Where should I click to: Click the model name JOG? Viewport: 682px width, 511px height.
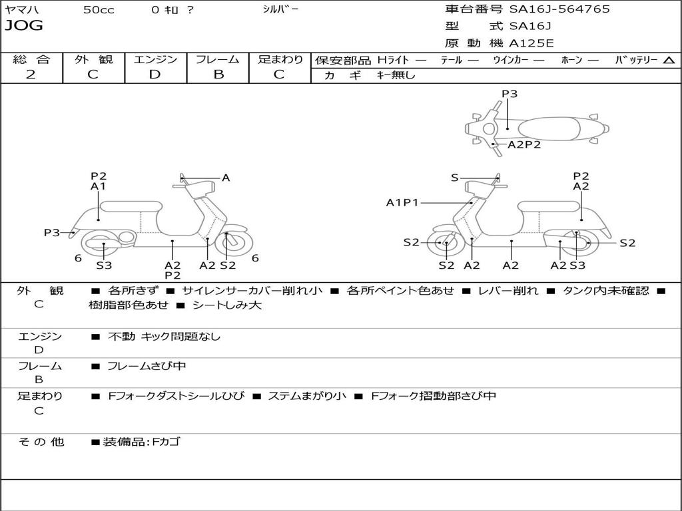click(23, 26)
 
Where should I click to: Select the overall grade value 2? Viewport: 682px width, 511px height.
click(31, 75)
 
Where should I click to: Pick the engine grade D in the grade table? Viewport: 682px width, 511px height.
click(155, 75)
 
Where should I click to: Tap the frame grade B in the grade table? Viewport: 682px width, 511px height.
click(218, 75)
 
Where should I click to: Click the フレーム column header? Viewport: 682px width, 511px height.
click(218, 59)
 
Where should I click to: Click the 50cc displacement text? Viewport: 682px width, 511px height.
click(99, 10)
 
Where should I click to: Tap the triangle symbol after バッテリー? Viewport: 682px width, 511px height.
click(669, 60)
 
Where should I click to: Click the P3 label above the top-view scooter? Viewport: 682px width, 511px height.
click(510, 94)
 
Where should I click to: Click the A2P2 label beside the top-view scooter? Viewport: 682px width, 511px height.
click(523, 144)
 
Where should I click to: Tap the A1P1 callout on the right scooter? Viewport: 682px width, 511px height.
click(402, 202)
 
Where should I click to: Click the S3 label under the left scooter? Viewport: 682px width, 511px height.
click(104, 265)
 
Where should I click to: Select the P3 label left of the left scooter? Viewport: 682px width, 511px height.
click(52, 232)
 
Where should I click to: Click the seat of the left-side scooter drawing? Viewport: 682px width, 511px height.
click(130, 206)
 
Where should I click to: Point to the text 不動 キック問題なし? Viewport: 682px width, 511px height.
click(164, 337)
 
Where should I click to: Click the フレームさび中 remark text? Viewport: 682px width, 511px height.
click(147, 366)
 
